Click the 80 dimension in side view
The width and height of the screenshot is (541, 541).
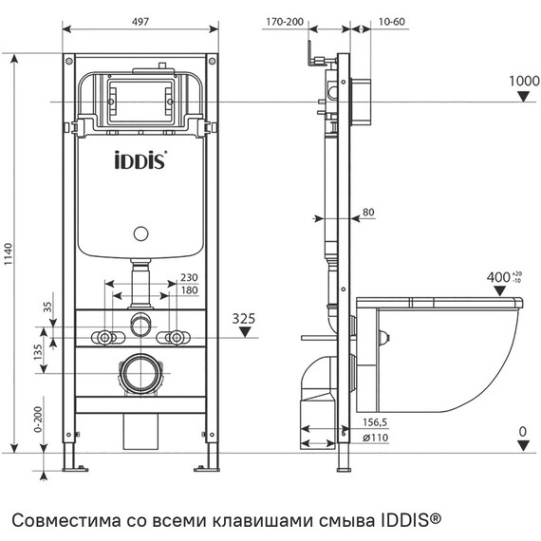(x=368, y=213)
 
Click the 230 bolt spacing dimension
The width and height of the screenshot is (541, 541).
(x=190, y=278)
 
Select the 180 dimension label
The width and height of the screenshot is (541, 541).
(x=190, y=290)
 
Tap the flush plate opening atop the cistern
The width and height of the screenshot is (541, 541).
(x=140, y=95)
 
